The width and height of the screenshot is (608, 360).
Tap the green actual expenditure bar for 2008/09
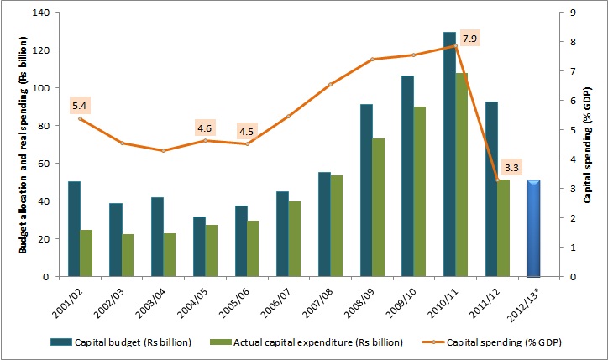click(x=379, y=207)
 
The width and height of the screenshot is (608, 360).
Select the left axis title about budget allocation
click(x=23, y=144)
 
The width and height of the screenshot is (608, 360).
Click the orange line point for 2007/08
click(x=330, y=84)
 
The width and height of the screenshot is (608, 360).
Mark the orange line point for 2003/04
click(x=163, y=150)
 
